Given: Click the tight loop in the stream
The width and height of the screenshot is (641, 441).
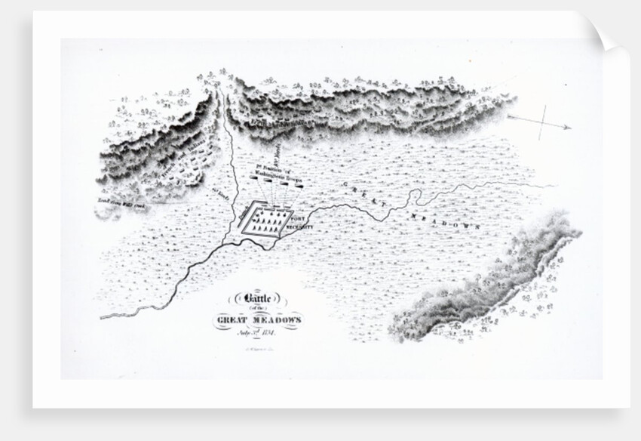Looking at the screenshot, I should [x=414, y=196].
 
